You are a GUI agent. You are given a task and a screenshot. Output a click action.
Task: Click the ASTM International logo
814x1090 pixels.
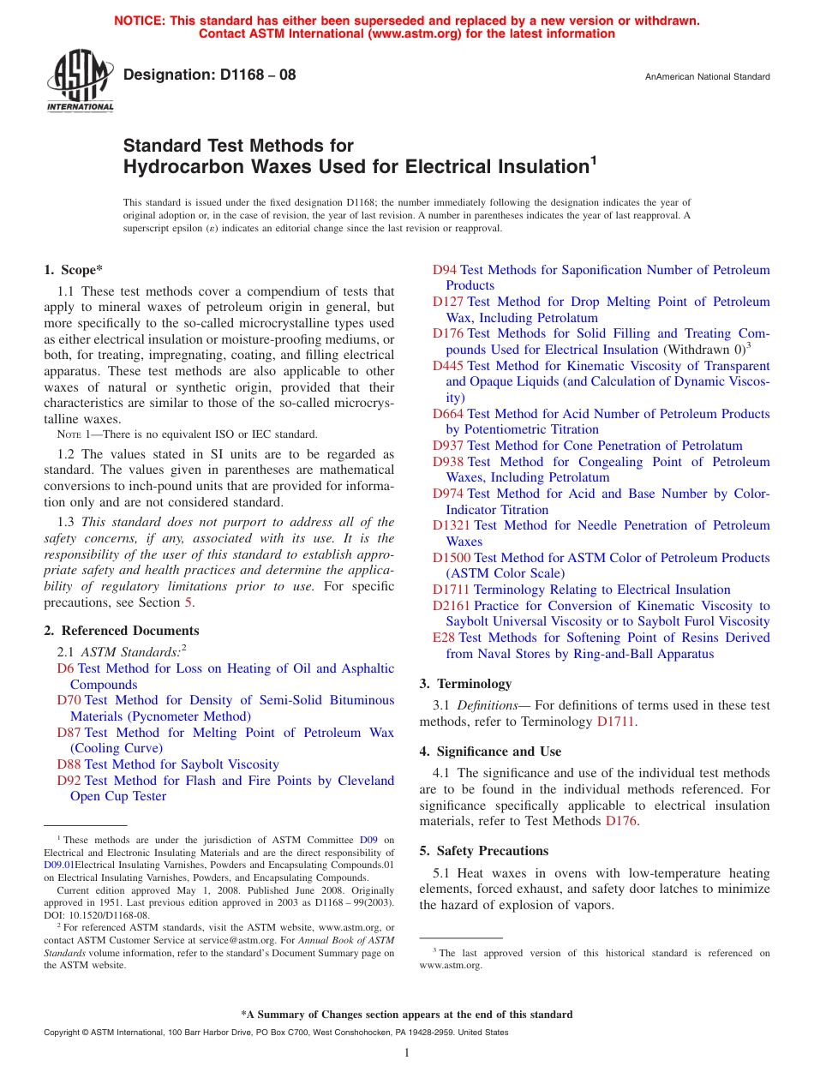pos(80,82)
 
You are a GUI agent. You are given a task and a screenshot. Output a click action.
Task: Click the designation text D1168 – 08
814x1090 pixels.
pos(210,75)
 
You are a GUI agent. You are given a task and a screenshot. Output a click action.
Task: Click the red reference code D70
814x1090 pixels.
pos(69,700)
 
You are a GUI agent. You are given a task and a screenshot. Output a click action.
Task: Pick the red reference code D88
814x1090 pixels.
pos(69,764)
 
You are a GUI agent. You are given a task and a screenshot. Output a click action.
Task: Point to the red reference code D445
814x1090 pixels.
pos(448,366)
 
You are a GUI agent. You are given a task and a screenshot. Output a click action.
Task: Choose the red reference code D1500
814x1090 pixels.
pos(452,558)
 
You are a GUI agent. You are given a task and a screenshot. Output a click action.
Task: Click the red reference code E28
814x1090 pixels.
pos(444,638)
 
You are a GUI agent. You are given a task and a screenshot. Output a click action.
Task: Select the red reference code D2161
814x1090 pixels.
pos(452,606)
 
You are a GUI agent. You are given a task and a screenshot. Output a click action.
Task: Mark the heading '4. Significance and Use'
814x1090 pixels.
pos(490,752)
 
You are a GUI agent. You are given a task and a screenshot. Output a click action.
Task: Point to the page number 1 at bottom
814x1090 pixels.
pos(407,1053)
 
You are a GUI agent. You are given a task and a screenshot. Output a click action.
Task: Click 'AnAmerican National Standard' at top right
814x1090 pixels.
pos(707,77)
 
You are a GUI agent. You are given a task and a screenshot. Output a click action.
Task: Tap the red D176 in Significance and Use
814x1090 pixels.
pos(621,821)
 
